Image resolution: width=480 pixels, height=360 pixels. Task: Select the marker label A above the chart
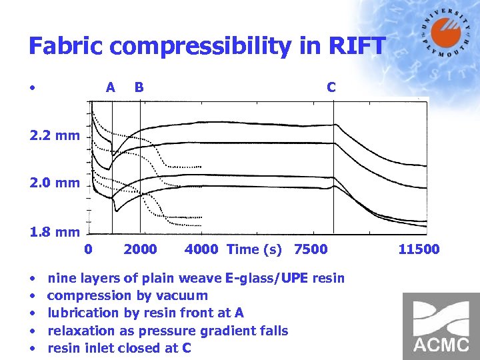[x=111, y=87]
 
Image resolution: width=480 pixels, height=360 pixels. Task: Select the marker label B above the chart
[x=139, y=87]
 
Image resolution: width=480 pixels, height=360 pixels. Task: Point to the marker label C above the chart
[x=331, y=87]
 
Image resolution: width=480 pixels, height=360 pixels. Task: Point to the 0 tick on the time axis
[x=89, y=249]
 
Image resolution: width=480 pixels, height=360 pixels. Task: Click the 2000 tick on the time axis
[x=141, y=249]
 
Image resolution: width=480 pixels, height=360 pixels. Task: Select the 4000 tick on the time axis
[x=201, y=249]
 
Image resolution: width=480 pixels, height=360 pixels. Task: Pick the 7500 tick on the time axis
[x=311, y=249]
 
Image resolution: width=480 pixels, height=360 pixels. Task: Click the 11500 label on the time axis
[x=419, y=249]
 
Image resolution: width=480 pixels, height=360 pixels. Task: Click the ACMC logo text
[x=441, y=345]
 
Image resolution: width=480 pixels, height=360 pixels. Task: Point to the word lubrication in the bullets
[x=83, y=313]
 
